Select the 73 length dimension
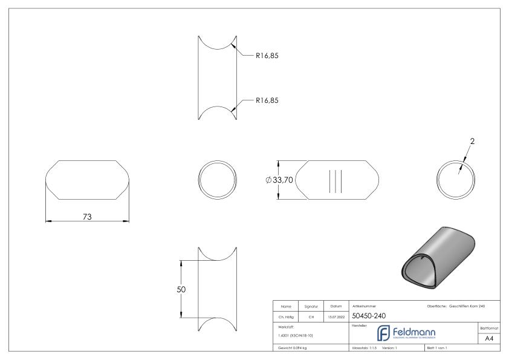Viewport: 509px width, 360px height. [87, 217]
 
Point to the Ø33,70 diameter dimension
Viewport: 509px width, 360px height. [279, 180]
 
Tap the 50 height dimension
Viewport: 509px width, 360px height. [180, 289]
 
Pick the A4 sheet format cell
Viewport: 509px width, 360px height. [491, 339]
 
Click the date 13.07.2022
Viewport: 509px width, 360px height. [335, 316]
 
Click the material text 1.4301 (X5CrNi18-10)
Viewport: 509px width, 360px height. [296, 335]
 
